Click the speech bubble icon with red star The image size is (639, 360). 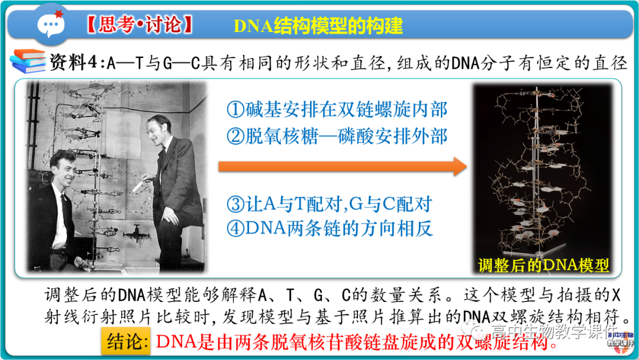point(52,23)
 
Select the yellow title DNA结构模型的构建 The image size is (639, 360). point(318,25)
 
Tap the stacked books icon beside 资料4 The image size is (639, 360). point(27,61)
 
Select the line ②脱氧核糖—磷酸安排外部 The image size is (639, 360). point(337,136)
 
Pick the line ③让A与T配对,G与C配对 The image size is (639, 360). point(330,204)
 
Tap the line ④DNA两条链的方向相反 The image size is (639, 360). point(330,229)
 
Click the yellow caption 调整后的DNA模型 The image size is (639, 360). point(543,265)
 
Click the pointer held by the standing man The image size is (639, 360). point(139,186)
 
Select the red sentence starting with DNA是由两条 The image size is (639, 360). point(357,342)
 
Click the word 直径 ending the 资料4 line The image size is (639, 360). point(609,62)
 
